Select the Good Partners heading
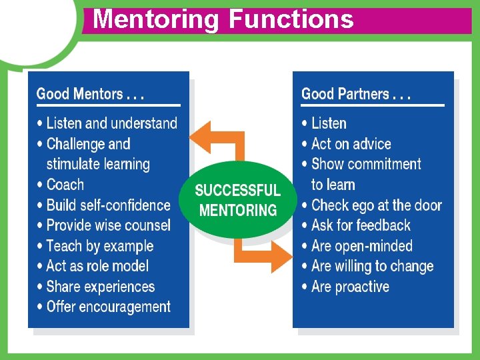(x=356, y=94)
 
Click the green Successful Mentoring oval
(x=238, y=200)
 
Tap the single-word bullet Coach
(x=65, y=185)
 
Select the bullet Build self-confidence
(x=108, y=205)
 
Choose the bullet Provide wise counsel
(x=108, y=225)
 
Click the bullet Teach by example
(x=100, y=246)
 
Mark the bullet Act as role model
(x=97, y=266)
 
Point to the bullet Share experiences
(x=100, y=287)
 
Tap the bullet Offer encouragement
(x=108, y=307)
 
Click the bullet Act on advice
(x=351, y=144)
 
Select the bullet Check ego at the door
(x=376, y=205)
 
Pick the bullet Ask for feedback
(x=361, y=225)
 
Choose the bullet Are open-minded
(x=362, y=246)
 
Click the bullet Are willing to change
(x=372, y=266)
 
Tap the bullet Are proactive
(x=350, y=287)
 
